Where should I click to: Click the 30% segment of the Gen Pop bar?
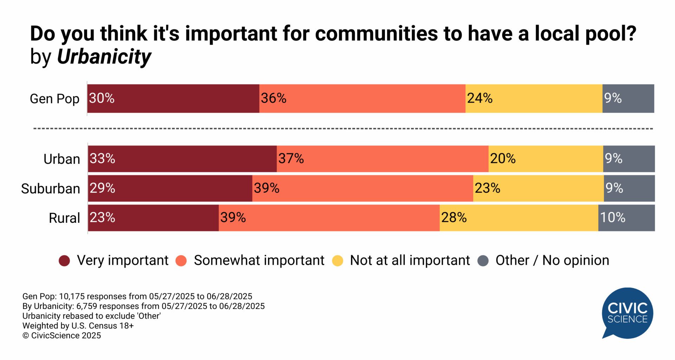tap(173, 98)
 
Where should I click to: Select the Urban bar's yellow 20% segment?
tap(546, 159)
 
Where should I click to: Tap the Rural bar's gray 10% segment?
tap(626, 218)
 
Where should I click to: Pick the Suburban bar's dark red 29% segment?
tap(170, 188)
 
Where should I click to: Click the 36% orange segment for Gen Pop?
tap(362, 98)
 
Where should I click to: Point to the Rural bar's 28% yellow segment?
tap(519, 218)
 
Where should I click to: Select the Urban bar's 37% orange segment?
tap(382, 159)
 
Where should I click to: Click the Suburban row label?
tap(51, 189)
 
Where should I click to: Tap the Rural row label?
tap(64, 218)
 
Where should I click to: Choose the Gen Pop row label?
tap(54, 99)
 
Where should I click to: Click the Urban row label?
tap(62, 159)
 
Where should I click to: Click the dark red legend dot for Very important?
tap(64, 261)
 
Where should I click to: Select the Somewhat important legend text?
tap(259, 261)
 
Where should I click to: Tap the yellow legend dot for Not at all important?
tap(337, 261)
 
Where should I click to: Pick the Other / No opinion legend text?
tap(552, 261)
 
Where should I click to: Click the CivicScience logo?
tap(627, 313)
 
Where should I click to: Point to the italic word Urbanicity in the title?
tap(104, 57)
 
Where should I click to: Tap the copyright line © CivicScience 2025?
tap(62, 336)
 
